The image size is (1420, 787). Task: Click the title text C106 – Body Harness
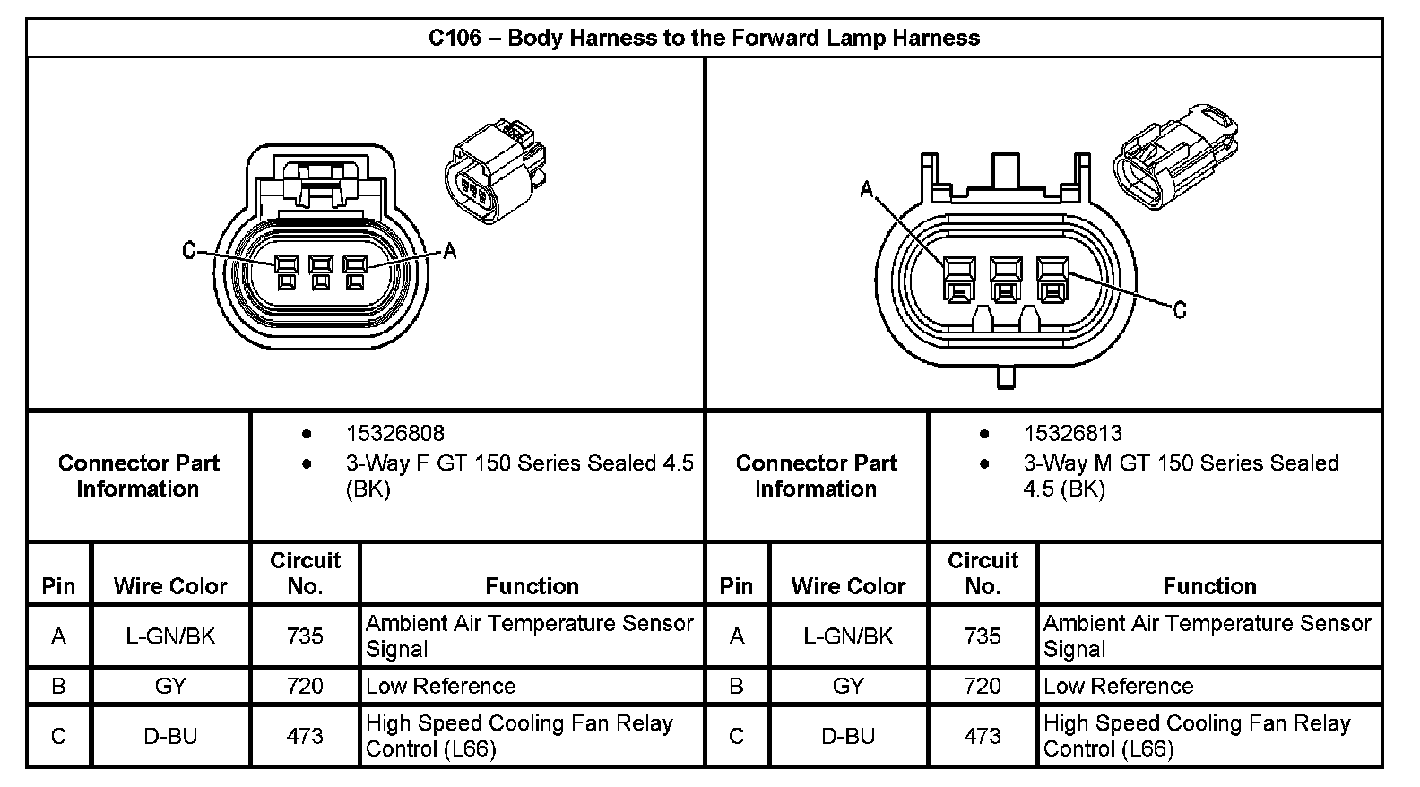[x=704, y=39]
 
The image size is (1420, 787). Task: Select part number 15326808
[x=395, y=434]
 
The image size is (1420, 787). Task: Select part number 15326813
[x=1073, y=434]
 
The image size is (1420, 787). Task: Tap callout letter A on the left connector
[x=450, y=252]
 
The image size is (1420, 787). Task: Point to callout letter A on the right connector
[x=866, y=189]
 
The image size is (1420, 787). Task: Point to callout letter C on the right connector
[x=1180, y=310]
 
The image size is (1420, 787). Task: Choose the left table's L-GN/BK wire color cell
[x=170, y=636]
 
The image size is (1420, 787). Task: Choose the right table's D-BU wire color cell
[x=848, y=737]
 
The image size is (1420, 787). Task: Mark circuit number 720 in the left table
[x=305, y=687]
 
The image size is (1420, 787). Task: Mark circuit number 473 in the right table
[x=983, y=737]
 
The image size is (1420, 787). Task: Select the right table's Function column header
[x=1209, y=586]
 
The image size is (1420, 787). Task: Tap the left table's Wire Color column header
[x=170, y=586]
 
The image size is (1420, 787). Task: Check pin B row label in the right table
[x=737, y=687]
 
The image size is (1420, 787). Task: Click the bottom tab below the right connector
[x=1006, y=376]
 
